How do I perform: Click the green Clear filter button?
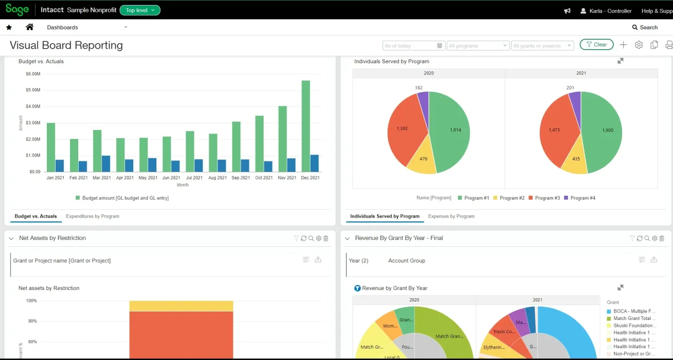(x=596, y=45)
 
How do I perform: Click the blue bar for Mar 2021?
(x=106, y=164)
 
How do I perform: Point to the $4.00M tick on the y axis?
(x=33, y=106)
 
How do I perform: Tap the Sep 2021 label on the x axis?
(x=241, y=178)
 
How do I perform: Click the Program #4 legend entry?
(x=579, y=198)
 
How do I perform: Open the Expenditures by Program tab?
(x=92, y=216)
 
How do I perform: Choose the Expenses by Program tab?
(x=451, y=216)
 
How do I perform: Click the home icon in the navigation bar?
(x=30, y=27)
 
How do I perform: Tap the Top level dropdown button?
(x=140, y=10)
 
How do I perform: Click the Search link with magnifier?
(x=645, y=27)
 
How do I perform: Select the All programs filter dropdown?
(x=477, y=45)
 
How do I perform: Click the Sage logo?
(x=17, y=10)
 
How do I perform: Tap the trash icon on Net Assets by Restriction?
(x=326, y=238)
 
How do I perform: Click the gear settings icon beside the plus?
(x=639, y=45)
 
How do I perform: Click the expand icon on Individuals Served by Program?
(x=620, y=61)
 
